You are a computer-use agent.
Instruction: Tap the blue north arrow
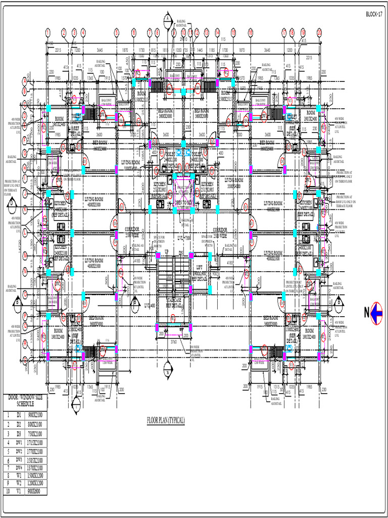(376, 314)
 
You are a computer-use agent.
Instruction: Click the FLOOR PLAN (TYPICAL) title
(166, 420)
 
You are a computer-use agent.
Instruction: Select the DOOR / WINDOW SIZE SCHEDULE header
(24, 401)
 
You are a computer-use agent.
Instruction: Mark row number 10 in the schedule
(8, 491)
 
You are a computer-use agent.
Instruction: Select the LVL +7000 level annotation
(183, 237)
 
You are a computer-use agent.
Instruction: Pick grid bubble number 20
(319, 32)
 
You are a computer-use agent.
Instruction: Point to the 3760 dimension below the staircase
(173, 341)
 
